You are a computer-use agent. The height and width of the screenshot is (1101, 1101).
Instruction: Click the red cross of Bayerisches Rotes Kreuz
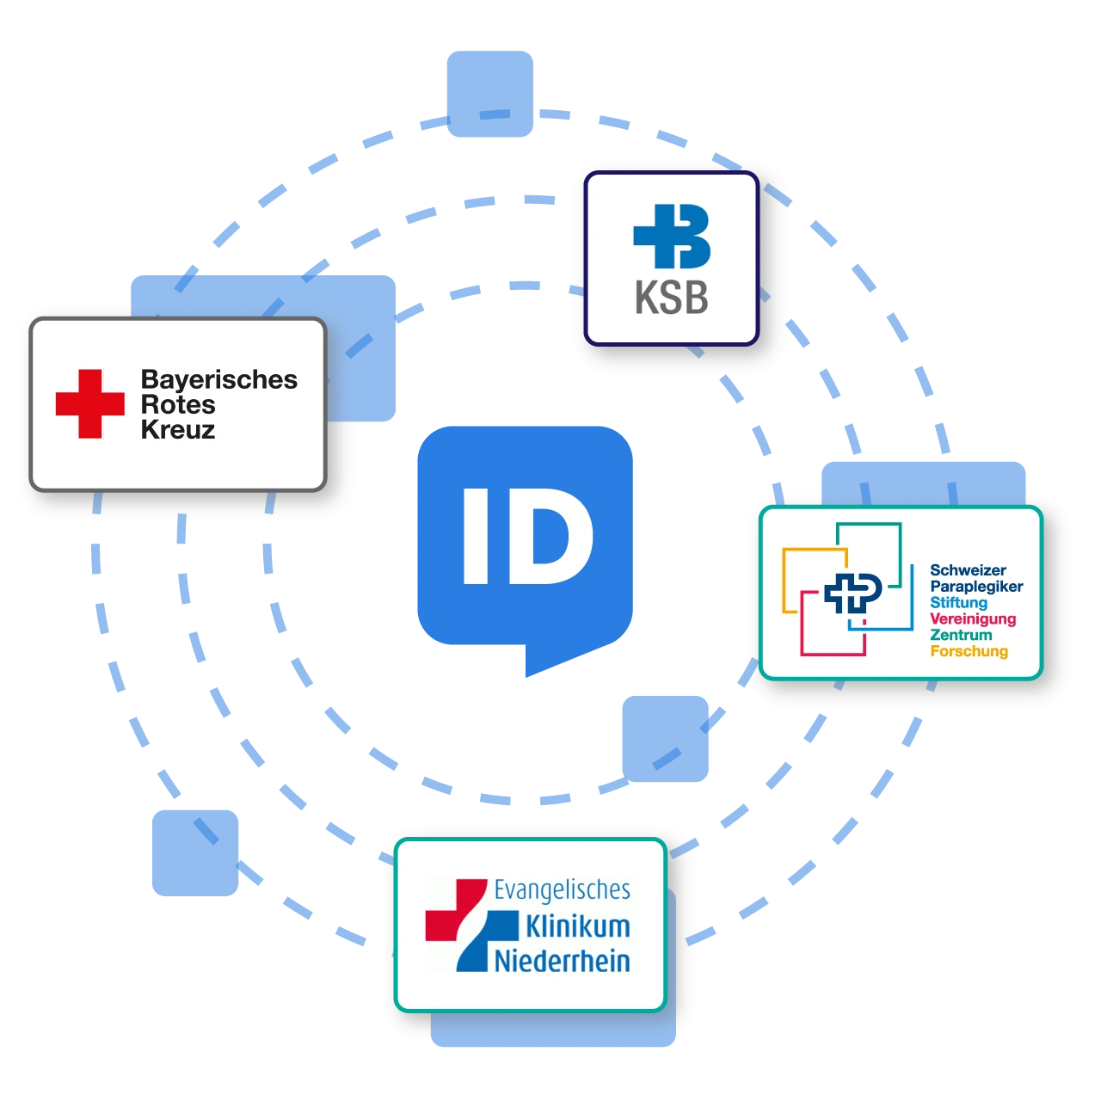coord(90,403)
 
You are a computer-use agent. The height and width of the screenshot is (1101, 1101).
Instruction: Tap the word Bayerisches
coord(218,379)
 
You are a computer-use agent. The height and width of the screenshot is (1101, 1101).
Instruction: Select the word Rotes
coord(177,404)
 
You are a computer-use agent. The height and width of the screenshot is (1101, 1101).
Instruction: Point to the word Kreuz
coord(177,429)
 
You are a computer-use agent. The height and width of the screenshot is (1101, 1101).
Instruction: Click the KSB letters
coord(671,298)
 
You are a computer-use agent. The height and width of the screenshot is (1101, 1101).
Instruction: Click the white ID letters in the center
coord(527,536)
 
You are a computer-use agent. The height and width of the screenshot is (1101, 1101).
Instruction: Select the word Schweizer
coord(968,570)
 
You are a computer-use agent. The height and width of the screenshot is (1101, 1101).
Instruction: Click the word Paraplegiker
coord(976,587)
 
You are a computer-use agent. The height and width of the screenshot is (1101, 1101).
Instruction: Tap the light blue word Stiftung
coord(958,603)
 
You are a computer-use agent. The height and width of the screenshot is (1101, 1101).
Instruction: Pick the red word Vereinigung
coord(973,619)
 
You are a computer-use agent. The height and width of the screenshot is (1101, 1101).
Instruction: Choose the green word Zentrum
coord(961,635)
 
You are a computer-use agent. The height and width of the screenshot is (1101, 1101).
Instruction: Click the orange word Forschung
coord(969,651)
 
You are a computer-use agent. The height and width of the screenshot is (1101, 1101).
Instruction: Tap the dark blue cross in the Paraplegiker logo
coord(852,593)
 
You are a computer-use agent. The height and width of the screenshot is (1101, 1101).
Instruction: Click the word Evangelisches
coord(562,889)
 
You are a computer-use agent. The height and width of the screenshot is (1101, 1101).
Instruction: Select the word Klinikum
coord(577,926)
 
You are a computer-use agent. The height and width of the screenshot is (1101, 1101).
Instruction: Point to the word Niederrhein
coord(562,961)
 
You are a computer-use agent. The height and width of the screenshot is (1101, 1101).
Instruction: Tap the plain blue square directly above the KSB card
coord(489,92)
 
